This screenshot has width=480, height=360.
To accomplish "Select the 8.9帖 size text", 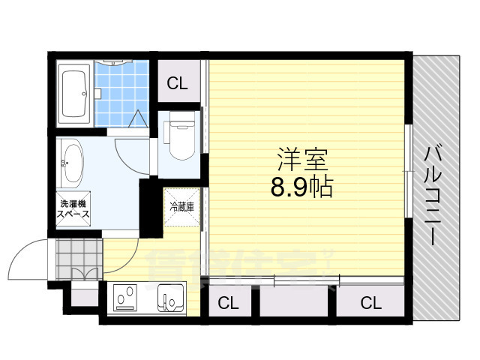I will click(302, 186).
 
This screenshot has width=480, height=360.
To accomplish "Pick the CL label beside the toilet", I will click(178, 82).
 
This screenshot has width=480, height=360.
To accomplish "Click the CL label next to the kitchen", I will click(229, 303).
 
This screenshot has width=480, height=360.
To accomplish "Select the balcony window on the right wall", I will click(408, 172).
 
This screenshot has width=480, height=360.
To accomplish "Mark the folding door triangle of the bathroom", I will click(139, 118).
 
